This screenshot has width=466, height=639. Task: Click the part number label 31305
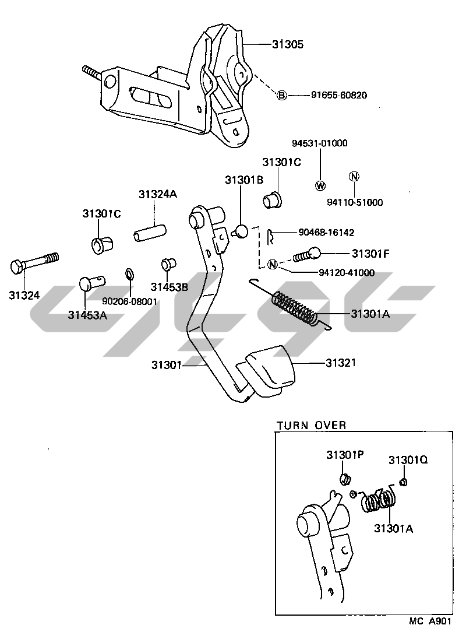[x=288, y=44]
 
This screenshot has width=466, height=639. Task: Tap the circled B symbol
[x=281, y=96]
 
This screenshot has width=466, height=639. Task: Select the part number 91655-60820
[x=338, y=95]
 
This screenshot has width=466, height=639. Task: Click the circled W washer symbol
[x=321, y=186]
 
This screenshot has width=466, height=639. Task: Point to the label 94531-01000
[x=319, y=143]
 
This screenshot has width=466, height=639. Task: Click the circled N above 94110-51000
[x=355, y=177]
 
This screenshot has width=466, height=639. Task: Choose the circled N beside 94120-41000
[x=272, y=265]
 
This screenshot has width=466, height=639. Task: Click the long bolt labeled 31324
[x=34, y=264]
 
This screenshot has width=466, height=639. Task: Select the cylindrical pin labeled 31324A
[x=149, y=232]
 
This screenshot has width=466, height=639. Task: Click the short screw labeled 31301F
[x=306, y=255]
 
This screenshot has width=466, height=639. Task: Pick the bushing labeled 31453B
[x=168, y=264]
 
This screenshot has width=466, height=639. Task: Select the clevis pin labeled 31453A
[x=92, y=282]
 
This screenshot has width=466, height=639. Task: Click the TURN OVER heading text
[x=311, y=425]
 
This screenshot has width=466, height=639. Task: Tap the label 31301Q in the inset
[x=408, y=460]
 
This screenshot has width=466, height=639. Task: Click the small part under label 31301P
[x=345, y=478]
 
